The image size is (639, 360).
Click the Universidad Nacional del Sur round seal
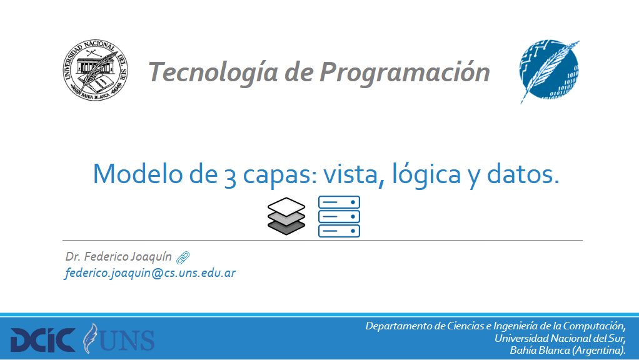[x=96, y=70]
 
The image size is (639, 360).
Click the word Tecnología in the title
[x=213, y=72]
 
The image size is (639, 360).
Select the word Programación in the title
[x=405, y=72]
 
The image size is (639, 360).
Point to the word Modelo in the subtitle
[x=138, y=174]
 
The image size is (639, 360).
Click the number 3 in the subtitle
[x=230, y=176]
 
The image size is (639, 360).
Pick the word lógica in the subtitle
[x=426, y=174]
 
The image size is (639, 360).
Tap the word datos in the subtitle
[x=523, y=174]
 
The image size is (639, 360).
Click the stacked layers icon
[x=286, y=216]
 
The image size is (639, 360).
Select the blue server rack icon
[x=339, y=216]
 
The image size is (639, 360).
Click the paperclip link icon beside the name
[x=183, y=257]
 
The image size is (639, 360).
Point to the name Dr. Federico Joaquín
[x=119, y=256]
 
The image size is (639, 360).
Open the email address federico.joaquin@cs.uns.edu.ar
[x=150, y=273]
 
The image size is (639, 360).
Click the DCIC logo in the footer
[x=43, y=340]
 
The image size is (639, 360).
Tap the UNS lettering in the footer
[x=126, y=340]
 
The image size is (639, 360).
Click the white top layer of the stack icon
[x=286, y=207]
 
